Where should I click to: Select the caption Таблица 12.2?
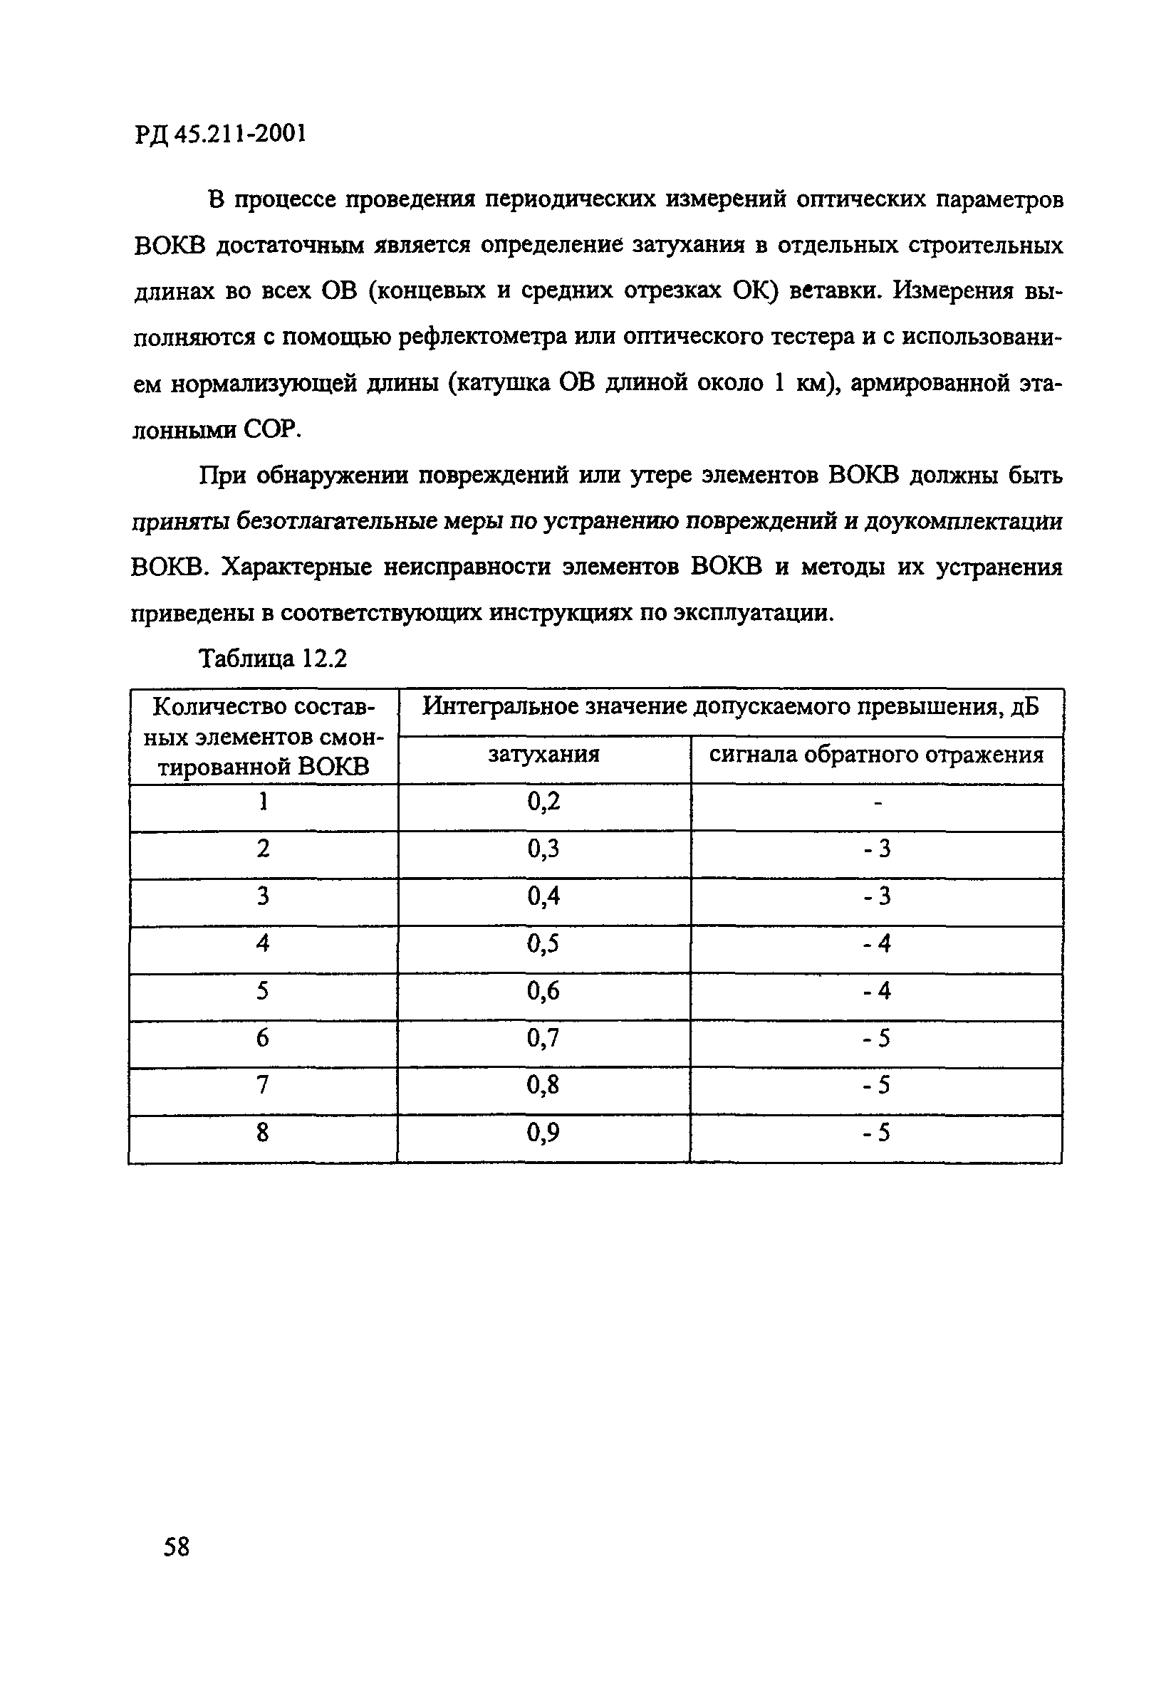point(274,659)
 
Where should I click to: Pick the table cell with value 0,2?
point(543,802)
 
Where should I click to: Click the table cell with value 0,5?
point(543,944)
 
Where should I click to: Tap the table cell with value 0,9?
point(543,1133)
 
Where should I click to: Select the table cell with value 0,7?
point(543,1038)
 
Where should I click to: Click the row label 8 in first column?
point(263,1133)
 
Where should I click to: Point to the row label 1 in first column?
point(263,802)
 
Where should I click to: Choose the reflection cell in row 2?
point(877,849)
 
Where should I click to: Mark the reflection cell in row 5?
point(877,992)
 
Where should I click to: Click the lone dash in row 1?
point(878,803)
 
